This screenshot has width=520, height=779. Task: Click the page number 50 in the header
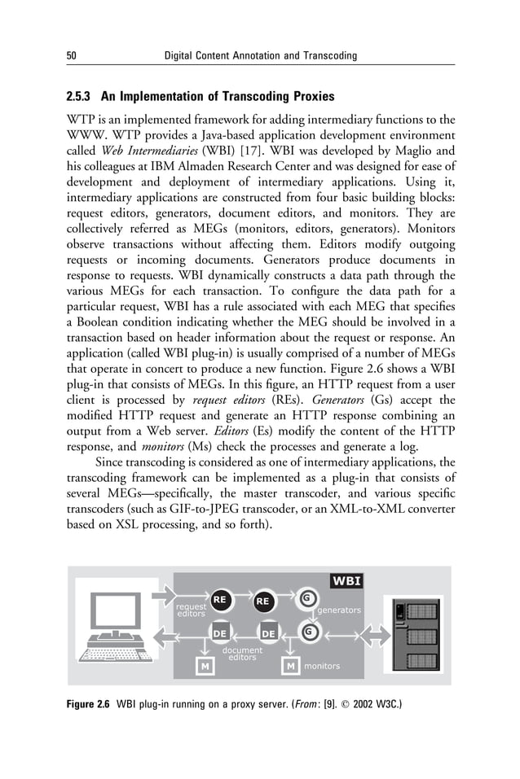tap(70, 55)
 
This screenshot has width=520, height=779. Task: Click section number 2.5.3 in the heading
tap(82, 97)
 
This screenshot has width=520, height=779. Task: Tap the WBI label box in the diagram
tap(346, 580)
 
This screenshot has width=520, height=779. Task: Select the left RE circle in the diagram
tap(220, 601)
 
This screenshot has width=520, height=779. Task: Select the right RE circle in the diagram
tap(262, 602)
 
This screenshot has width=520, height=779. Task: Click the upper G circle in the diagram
tap(306, 599)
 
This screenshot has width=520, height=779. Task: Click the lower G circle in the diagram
tap(309, 632)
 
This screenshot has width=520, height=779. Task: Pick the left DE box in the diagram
tap(219, 633)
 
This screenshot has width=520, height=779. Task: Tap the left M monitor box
tap(205, 667)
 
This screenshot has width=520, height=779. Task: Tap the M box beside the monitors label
tap(289, 667)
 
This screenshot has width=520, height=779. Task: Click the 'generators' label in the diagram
tap(338, 610)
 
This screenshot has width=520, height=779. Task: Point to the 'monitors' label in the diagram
tap(322, 667)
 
